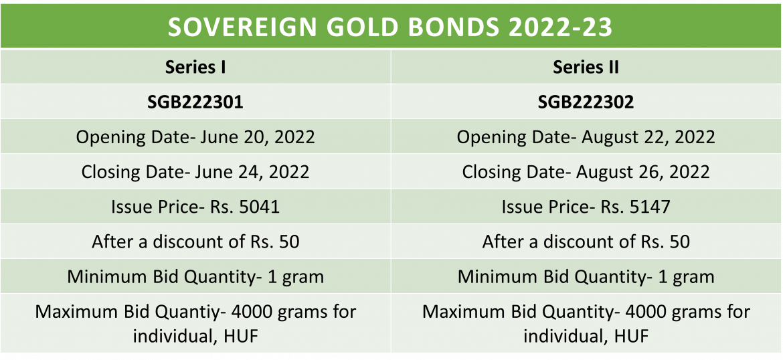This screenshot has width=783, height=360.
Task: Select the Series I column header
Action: (195, 67)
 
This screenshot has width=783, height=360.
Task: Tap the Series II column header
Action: (586, 67)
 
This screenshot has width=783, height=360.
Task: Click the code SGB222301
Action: (195, 102)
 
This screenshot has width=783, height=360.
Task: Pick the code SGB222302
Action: (586, 102)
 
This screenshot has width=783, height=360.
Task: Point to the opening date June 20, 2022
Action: (195, 137)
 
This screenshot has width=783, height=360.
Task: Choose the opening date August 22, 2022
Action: (586, 137)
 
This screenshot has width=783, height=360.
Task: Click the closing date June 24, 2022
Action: (195, 172)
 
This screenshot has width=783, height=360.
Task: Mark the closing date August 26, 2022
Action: (586, 172)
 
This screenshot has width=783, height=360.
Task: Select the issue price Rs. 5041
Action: (195, 207)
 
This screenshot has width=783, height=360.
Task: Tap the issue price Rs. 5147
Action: (586, 207)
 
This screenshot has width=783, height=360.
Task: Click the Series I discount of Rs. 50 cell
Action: (195, 242)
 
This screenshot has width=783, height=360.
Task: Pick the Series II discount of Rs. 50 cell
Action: (586, 242)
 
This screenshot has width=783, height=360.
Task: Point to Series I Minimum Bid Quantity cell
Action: (195, 276)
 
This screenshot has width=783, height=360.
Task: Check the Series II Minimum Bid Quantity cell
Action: (586, 276)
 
